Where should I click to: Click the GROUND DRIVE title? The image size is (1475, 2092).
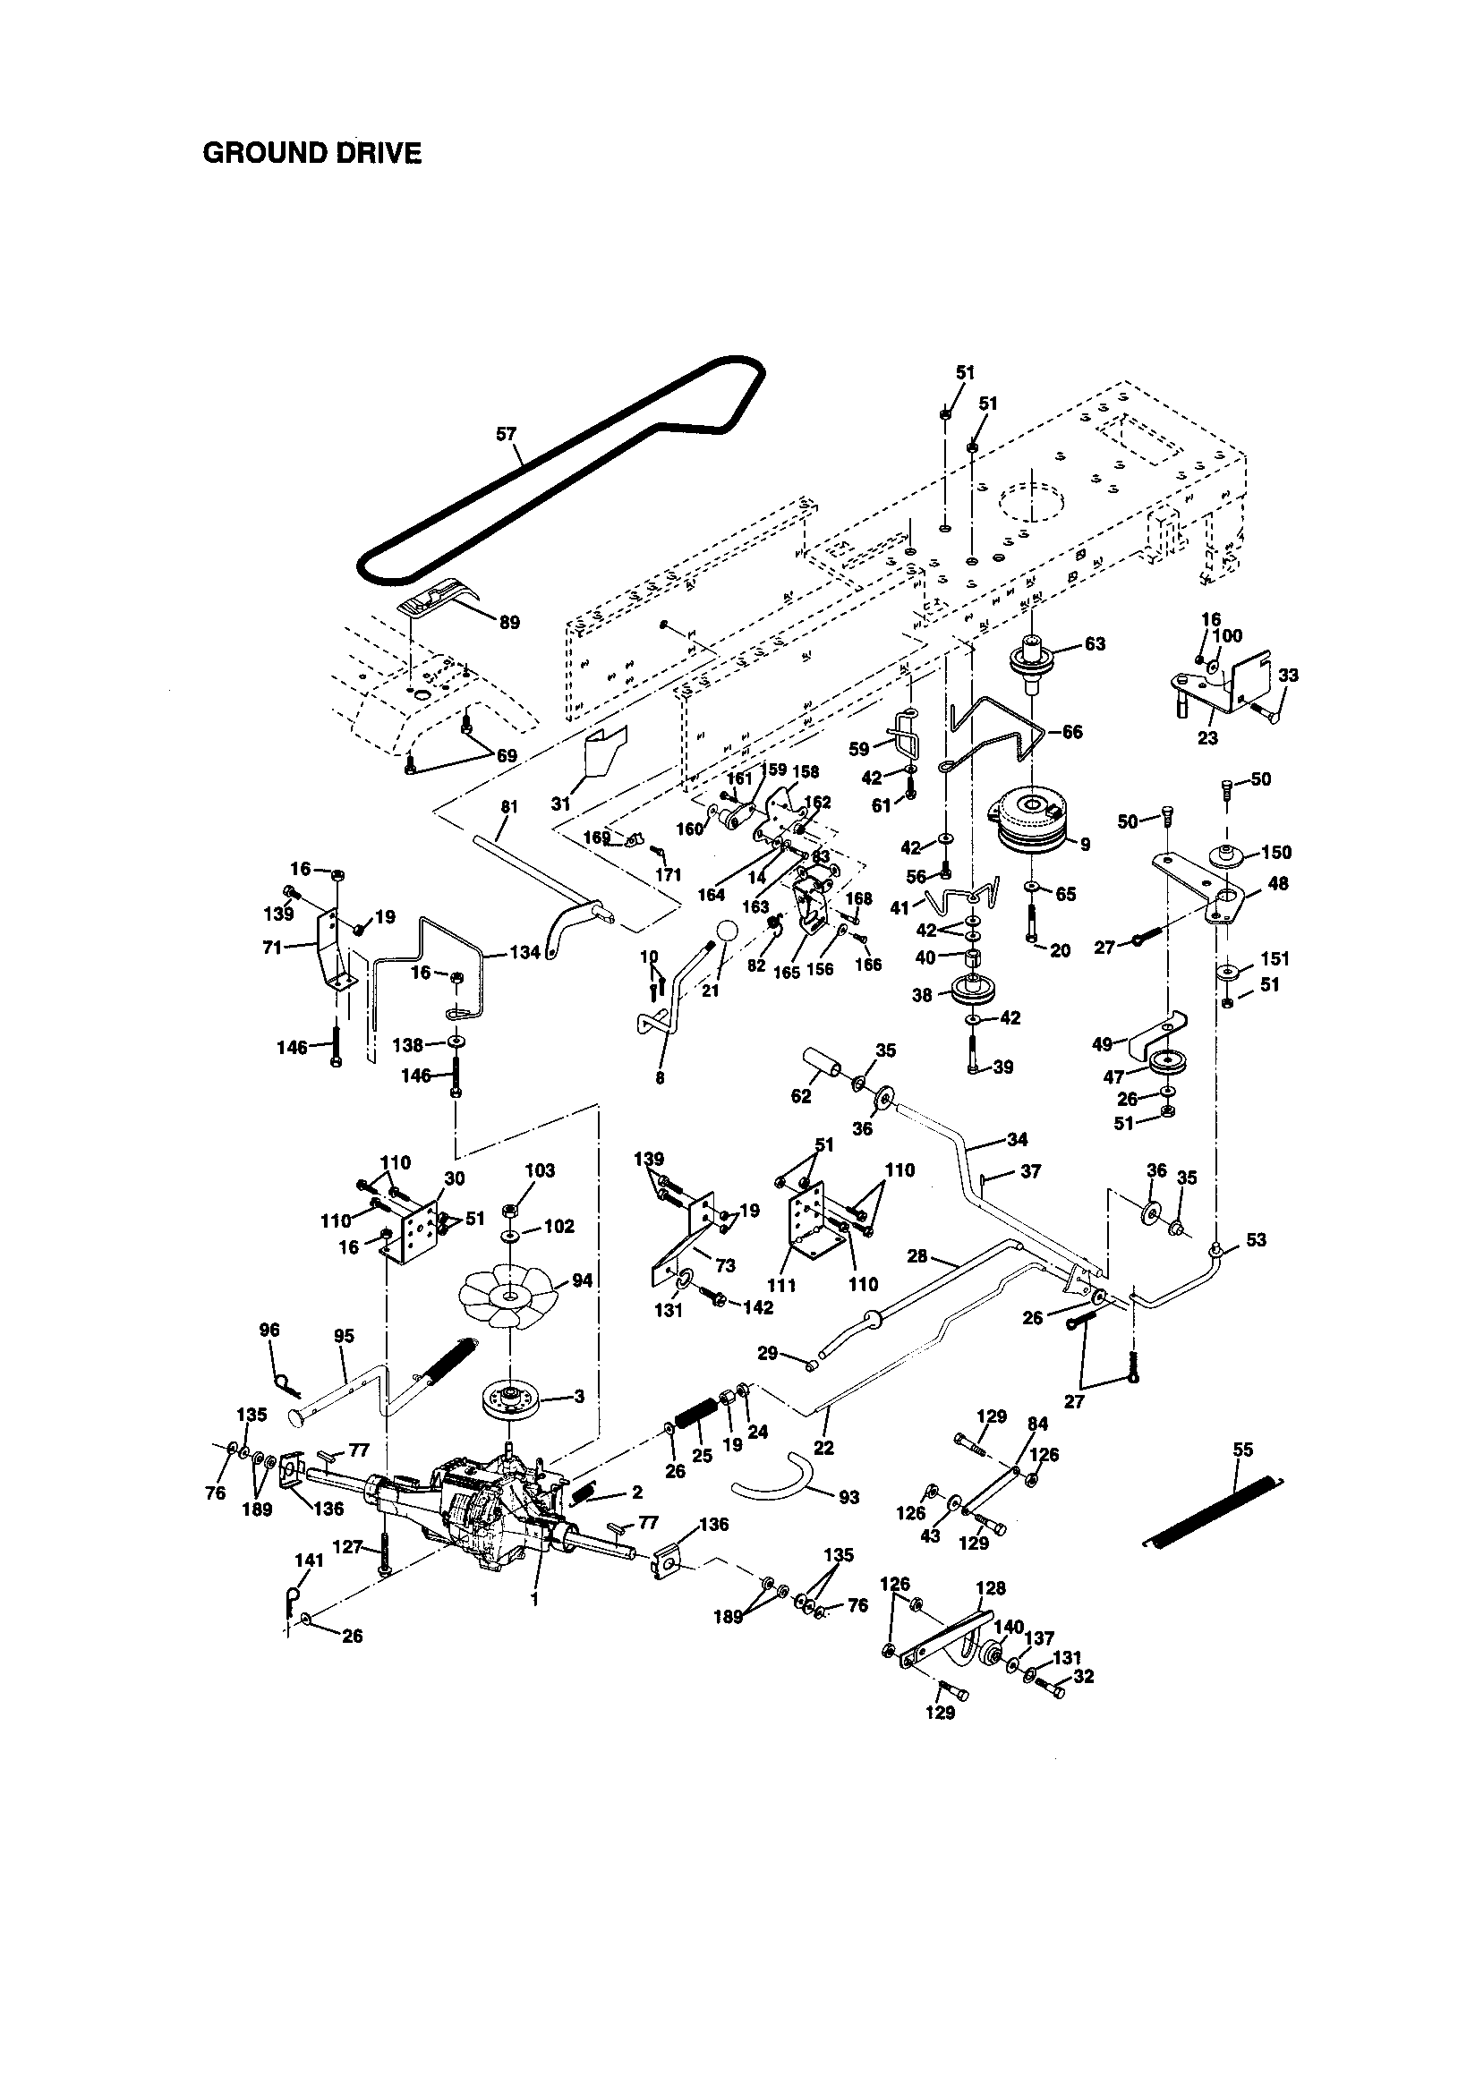click(311, 153)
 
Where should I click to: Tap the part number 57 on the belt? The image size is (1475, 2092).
click(507, 435)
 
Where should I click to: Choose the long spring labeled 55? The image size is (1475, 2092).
click(1213, 1503)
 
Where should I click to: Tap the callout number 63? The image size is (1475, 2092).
click(1095, 644)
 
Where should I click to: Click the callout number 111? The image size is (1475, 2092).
click(781, 1285)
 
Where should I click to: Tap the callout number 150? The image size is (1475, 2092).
click(1276, 852)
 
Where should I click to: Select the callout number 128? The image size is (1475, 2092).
click(990, 1588)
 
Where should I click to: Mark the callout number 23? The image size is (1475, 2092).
click(1207, 738)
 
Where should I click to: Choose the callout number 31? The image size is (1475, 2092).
click(560, 804)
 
